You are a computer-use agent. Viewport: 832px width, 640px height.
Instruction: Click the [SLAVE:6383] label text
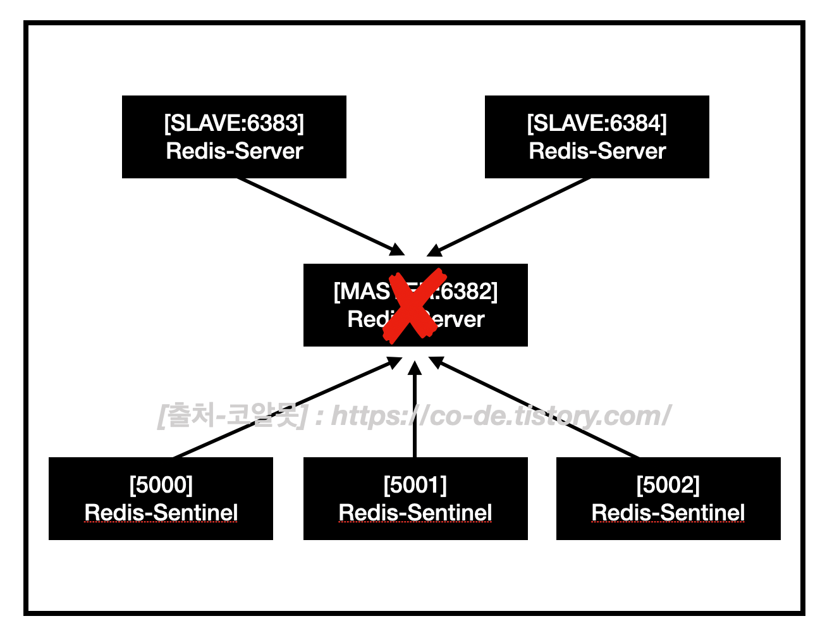pyautogui.click(x=234, y=123)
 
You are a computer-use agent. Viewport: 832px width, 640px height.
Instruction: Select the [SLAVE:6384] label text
pyautogui.click(x=597, y=123)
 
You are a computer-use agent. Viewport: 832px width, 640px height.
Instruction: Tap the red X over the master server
pyautogui.click(x=415, y=305)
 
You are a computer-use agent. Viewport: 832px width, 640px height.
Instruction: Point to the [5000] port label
pyautogui.click(x=161, y=485)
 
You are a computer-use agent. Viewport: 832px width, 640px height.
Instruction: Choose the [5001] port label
pyautogui.click(x=415, y=485)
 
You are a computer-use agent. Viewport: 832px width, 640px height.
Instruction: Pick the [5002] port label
pyautogui.click(x=668, y=485)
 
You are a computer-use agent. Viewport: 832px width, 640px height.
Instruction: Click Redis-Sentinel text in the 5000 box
pyautogui.click(x=161, y=512)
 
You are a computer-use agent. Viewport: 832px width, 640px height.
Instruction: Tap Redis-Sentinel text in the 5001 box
pyautogui.click(x=415, y=512)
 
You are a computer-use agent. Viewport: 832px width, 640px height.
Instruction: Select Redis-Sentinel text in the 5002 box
pyautogui.click(x=668, y=512)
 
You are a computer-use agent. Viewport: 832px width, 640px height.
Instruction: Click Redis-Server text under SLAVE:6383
pyautogui.click(x=234, y=151)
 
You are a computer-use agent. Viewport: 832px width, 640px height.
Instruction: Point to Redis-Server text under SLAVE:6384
pyautogui.click(x=597, y=151)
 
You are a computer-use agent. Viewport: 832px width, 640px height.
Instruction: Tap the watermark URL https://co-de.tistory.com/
pyautogui.click(x=499, y=416)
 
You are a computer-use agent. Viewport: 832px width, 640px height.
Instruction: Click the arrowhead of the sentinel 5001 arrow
pyautogui.click(x=415, y=367)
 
